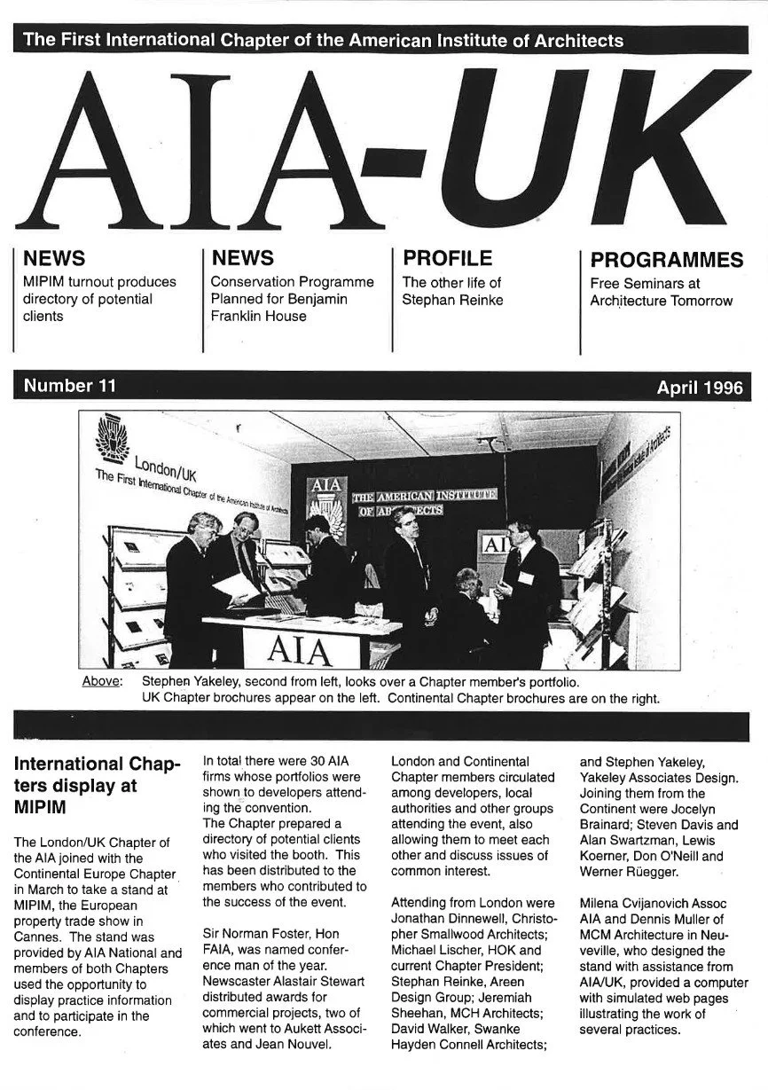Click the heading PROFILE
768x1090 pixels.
(447, 258)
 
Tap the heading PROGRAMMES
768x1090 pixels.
(666, 260)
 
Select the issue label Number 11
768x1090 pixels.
(69, 386)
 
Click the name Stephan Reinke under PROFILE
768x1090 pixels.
(452, 300)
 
